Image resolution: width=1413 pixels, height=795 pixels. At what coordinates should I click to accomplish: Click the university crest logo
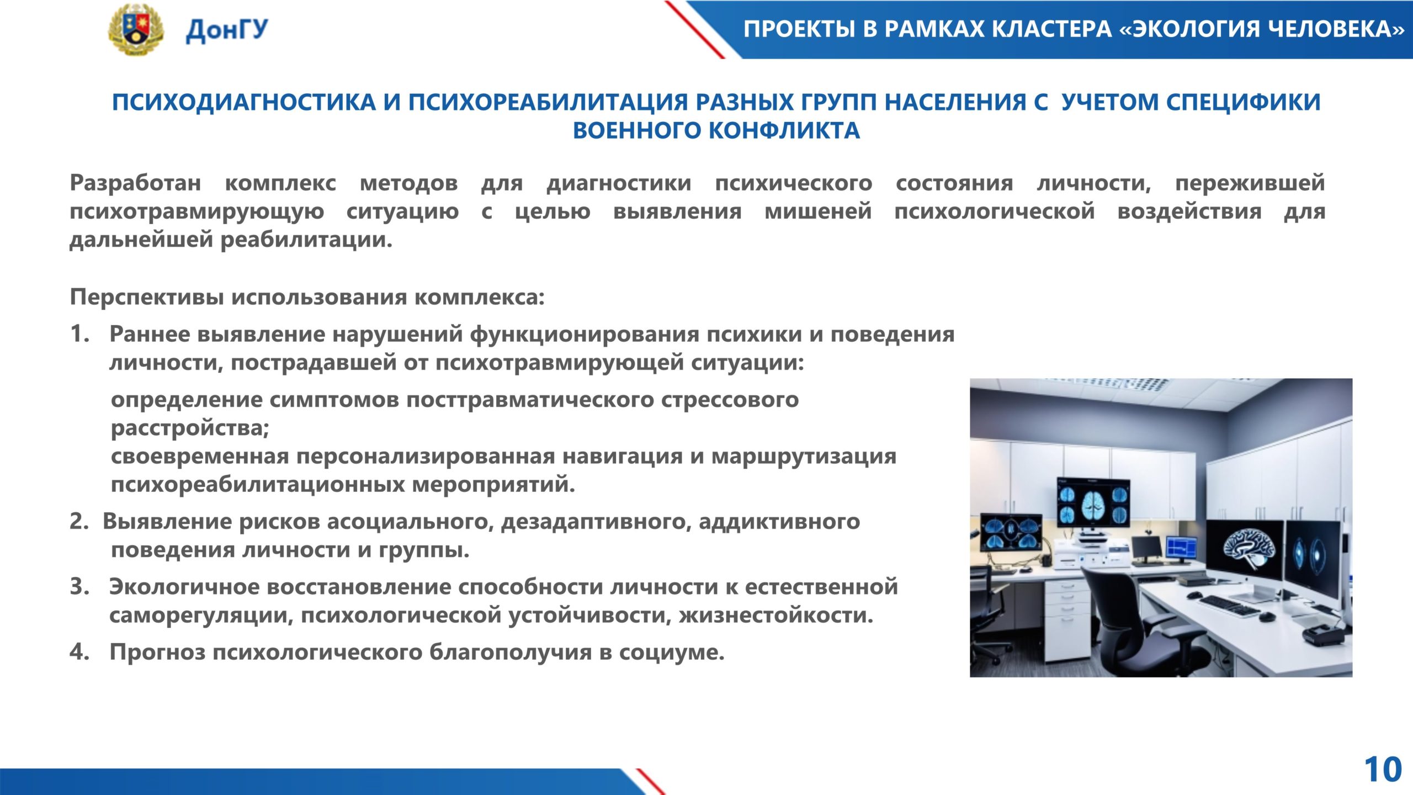(135, 29)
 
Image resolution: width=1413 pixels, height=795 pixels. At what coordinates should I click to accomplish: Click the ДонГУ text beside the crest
(227, 30)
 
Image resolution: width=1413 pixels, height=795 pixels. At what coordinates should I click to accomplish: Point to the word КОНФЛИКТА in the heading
(784, 131)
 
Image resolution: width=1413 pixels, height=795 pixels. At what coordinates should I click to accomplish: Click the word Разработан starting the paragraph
(135, 183)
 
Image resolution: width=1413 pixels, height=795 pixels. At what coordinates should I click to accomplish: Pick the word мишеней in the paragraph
(818, 211)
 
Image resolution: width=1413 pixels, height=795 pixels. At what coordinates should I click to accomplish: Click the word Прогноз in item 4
(157, 652)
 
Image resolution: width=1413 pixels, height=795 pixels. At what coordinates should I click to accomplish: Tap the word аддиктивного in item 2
(779, 522)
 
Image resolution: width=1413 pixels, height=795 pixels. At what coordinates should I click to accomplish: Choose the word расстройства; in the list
(190, 428)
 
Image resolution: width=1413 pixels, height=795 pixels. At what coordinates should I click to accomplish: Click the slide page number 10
(1383, 770)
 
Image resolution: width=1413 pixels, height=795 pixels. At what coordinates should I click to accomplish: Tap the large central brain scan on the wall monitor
(1093, 503)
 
